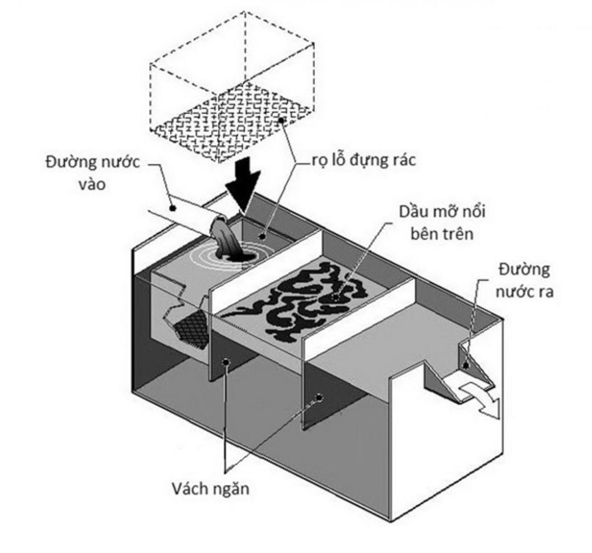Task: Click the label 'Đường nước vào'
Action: pos(92,173)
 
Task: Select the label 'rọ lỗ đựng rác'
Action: pos(363,160)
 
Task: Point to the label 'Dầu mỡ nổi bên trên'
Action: pos(442,222)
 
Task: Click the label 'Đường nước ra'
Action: pos(523,280)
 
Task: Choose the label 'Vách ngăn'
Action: pos(210,489)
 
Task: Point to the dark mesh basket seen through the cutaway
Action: pos(188,326)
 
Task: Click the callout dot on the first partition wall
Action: pos(226,362)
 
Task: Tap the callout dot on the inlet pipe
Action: pos(173,208)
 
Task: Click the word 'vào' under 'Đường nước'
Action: pos(92,184)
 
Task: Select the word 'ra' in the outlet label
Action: pos(542,292)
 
